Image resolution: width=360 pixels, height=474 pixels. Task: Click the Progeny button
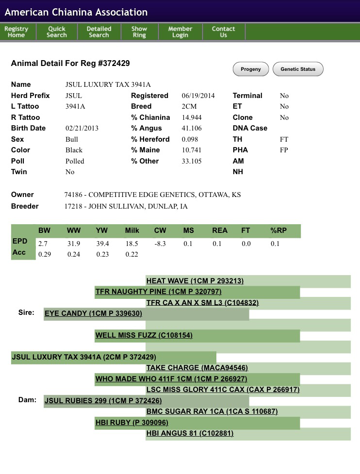pyautogui.click(x=251, y=69)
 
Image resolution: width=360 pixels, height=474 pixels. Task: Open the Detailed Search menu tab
pyautogui.click(x=99, y=32)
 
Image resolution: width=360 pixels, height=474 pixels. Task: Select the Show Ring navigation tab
pyautogui.click(x=139, y=32)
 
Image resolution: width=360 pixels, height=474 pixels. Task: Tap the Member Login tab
pyautogui.click(x=180, y=32)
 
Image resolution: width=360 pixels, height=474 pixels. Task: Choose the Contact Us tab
pyautogui.click(x=223, y=32)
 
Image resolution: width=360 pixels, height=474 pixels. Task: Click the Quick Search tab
pyautogui.click(x=57, y=32)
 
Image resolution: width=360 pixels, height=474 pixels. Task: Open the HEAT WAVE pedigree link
pyautogui.click(x=195, y=281)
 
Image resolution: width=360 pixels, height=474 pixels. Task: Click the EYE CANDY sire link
pyautogui.click(x=93, y=313)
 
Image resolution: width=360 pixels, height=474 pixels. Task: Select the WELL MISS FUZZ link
pyautogui.click(x=145, y=335)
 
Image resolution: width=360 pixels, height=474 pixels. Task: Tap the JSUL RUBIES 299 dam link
pyautogui.click(x=103, y=401)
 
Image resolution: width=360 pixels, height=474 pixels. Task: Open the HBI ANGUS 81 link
pyautogui.click(x=190, y=433)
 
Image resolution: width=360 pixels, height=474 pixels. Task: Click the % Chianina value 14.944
pyautogui.click(x=192, y=117)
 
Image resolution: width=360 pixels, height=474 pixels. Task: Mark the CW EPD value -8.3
pyautogui.click(x=160, y=244)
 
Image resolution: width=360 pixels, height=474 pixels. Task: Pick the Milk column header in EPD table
pyautogui.click(x=132, y=230)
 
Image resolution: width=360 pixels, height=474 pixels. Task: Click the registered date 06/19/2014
pyautogui.click(x=198, y=96)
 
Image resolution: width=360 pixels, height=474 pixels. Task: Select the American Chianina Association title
pyautogui.click(x=76, y=12)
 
